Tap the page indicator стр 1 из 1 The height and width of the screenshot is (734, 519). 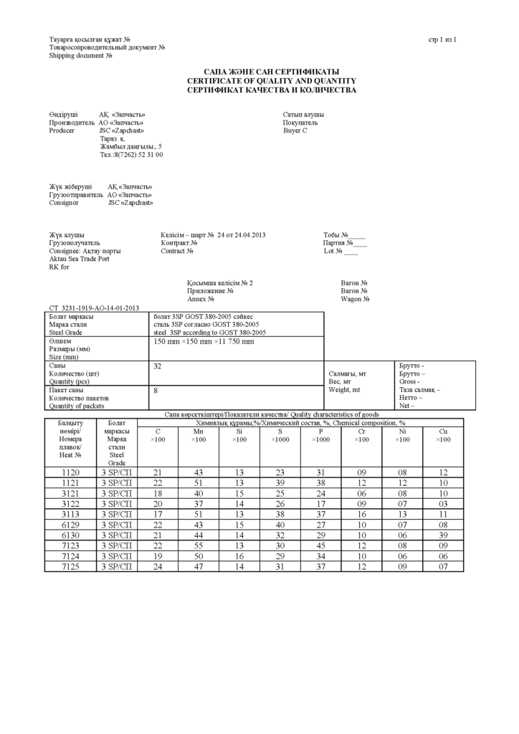coord(442,39)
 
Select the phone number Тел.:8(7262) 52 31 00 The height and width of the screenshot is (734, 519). coord(131,154)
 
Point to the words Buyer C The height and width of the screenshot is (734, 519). coord(295,130)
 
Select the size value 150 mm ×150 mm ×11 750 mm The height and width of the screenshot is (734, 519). coord(204,342)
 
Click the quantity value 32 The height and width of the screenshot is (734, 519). coord(158,366)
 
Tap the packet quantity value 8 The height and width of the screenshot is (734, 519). coord(156,391)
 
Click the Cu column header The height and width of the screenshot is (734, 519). coord(443,435)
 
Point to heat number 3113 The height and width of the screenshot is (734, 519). coord(71,514)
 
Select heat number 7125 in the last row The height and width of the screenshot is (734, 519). coord(71,567)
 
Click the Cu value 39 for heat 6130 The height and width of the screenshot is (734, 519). coord(443,535)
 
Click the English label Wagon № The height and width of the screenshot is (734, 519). coord(354,299)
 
